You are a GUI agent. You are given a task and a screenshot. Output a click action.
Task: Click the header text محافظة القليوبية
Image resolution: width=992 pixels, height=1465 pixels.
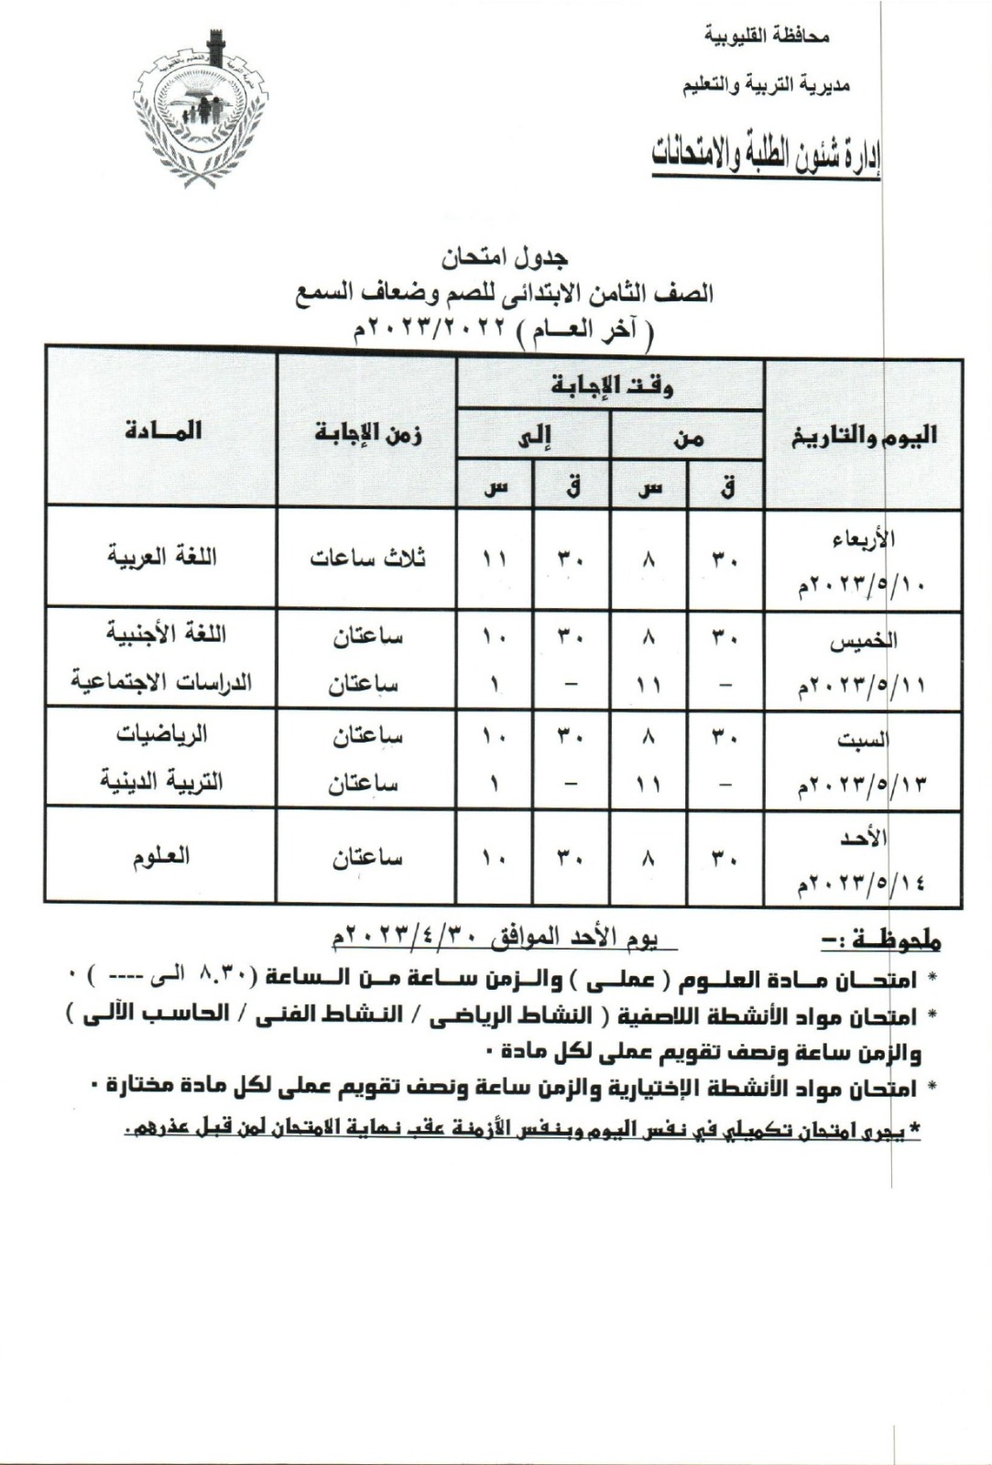[x=767, y=38]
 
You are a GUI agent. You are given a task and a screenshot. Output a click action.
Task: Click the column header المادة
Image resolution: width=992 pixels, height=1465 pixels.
[x=162, y=429]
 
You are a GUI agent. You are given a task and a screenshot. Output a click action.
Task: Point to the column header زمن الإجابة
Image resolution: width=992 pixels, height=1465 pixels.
[x=367, y=431]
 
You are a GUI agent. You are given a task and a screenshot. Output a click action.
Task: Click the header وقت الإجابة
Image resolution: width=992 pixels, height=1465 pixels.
[x=611, y=385]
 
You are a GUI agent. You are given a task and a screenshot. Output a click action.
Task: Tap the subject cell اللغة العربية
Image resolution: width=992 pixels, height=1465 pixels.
[x=162, y=557]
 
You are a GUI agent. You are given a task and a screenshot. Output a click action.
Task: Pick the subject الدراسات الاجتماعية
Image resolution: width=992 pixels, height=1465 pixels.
[x=161, y=683]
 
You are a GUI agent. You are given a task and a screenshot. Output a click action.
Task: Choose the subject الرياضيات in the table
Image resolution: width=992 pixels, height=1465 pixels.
[x=162, y=734]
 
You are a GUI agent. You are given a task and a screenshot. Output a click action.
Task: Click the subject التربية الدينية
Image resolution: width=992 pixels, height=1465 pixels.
[x=162, y=782]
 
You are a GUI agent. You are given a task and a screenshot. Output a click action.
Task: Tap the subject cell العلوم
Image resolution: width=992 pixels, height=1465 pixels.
[x=162, y=856]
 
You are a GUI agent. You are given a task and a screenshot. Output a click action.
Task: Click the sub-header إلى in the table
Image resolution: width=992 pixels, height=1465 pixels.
[x=533, y=438]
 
